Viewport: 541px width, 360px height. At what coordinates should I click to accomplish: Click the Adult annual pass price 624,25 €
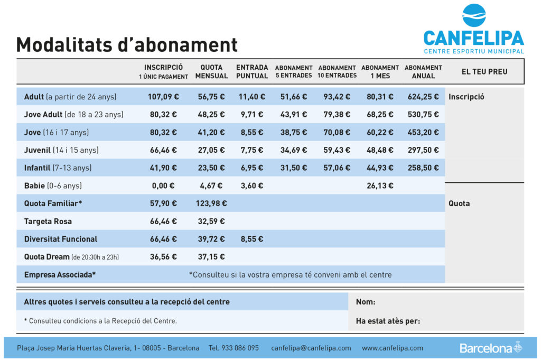tap(423, 97)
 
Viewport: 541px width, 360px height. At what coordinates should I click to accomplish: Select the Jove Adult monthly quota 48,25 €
tap(211, 115)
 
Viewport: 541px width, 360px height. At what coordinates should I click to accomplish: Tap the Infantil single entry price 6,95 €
tap(251, 168)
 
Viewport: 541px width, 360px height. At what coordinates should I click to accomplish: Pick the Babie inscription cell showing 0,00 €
tap(163, 186)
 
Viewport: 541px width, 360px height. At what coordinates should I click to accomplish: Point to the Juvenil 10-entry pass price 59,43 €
tap(337, 150)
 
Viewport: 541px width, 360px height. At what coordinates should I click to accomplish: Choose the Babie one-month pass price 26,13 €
tap(380, 186)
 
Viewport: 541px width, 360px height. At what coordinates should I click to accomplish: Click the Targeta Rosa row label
tap(48, 221)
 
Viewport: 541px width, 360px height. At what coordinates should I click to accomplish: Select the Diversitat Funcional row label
tap(61, 239)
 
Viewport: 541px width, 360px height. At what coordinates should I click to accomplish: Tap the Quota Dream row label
tap(71, 257)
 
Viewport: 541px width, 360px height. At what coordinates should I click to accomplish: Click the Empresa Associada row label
tap(60, 275)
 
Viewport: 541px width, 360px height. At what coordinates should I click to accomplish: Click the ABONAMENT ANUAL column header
tap(423, 71)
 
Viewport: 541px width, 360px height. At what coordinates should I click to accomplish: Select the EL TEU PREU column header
tap(484, 71)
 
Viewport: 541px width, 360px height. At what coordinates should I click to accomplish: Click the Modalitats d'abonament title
tap(127, 44)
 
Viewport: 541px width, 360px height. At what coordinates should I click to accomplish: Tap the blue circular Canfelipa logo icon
tap(474, 15)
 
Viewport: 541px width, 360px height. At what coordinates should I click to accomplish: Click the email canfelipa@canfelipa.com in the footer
tap(311, 348)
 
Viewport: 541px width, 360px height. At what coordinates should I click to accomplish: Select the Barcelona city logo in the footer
tap(491, 348)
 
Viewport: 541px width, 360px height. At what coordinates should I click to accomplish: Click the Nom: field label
tap(366, 302)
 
